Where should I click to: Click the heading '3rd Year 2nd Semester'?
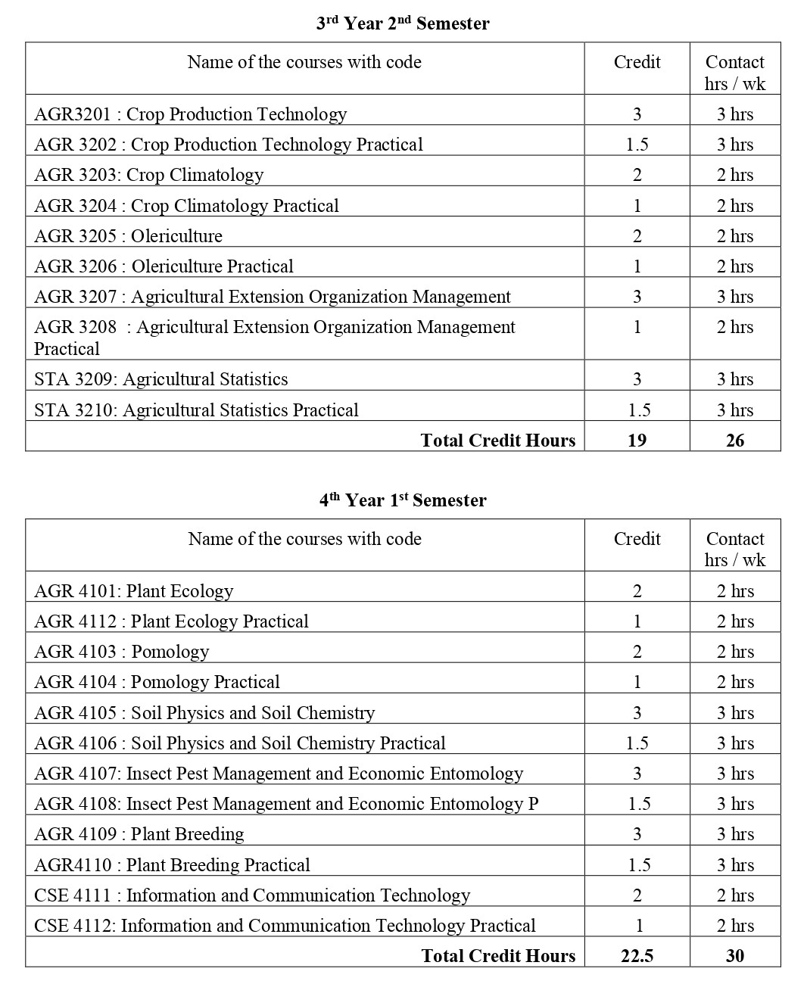tap(403, 23)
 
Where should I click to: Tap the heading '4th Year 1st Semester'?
tap(403, 500)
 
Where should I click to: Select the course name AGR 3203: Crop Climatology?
tap(149, 175)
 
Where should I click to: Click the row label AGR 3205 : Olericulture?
tap(129, 236)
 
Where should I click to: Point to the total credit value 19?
tap(637, 441)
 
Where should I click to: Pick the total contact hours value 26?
tap(735, 441)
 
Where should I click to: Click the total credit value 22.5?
tap(637, 956)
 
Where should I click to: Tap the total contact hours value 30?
tap(735, 956)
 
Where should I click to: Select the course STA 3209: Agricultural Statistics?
tap(161, 379)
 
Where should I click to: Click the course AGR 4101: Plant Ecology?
tap(134, 591)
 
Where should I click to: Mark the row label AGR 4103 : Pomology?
tap(122, 652)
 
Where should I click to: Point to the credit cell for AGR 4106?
tap(637, 743)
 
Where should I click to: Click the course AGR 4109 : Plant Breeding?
tap(139, 834)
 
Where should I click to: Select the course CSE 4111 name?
tap(252, 895)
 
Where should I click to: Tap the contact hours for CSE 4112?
tap(735, 926)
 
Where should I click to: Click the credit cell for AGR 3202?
tap(637, 145)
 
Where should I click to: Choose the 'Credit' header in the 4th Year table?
tap(637, 539)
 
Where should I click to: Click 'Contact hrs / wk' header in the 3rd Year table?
tap(735, 73)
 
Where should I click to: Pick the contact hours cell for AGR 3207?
tap(735, 297)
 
